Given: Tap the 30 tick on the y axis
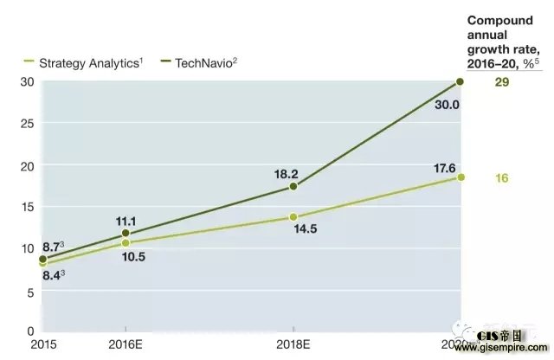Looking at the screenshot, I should pyautogui.click(x=28, y=82).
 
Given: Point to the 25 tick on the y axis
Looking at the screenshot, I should pyautogui.click(x=28, y=124).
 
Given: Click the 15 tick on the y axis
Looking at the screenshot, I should pyautogui.click(x=28, y=207).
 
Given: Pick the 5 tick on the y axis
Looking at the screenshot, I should pyautogui.click(x=31, y=291).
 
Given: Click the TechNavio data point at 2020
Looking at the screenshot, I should pyautogui.click(x=460, y=82).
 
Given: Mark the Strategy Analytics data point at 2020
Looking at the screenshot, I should pyautogui.click(x=460, y=177).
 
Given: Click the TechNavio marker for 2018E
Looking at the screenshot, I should pyautogui.click(x=293, y=186).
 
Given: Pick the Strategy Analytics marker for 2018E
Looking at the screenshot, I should pyautogui.click(x=293, y=216).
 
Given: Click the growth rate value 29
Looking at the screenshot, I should pyautogui.click(x=501, y=82).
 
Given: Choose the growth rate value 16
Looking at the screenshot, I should pyautogui.click(x=501, y=178).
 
